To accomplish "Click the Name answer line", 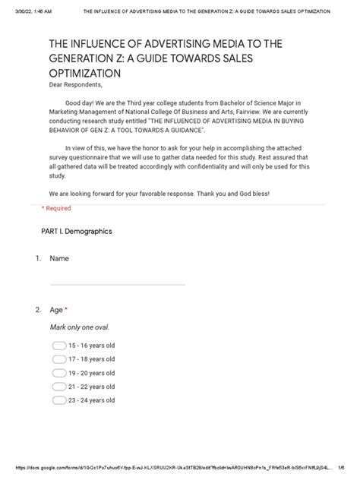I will (x=117, y=284).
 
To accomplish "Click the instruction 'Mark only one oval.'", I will (x=80, y=327).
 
